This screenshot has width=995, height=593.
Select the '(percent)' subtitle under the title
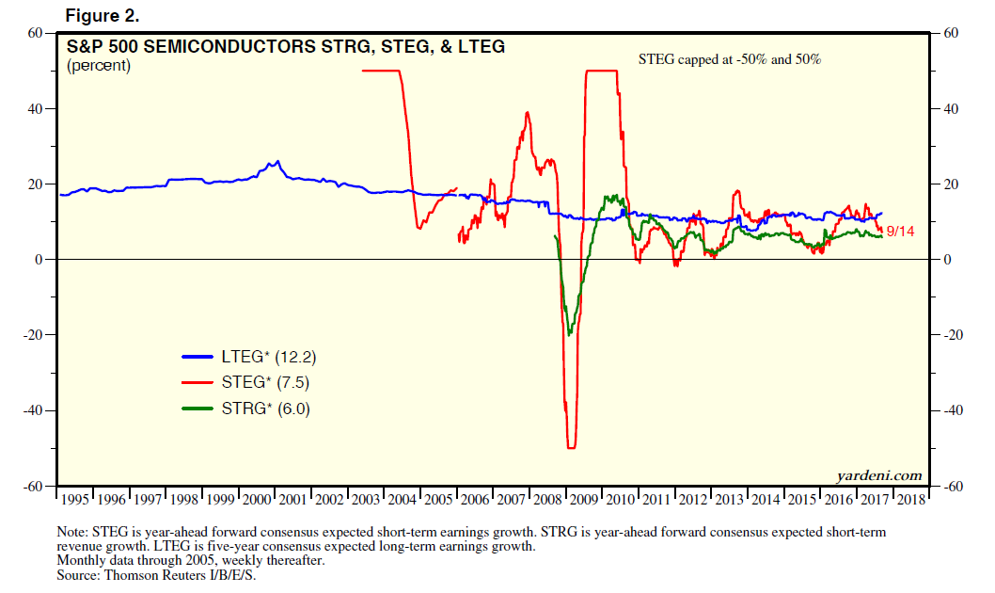point(98,66)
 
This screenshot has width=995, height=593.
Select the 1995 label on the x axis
point(75,499)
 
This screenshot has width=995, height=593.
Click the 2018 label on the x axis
point(911,499)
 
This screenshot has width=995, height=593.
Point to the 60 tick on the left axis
point(38,33)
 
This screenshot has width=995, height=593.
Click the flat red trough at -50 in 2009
point(571,448)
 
